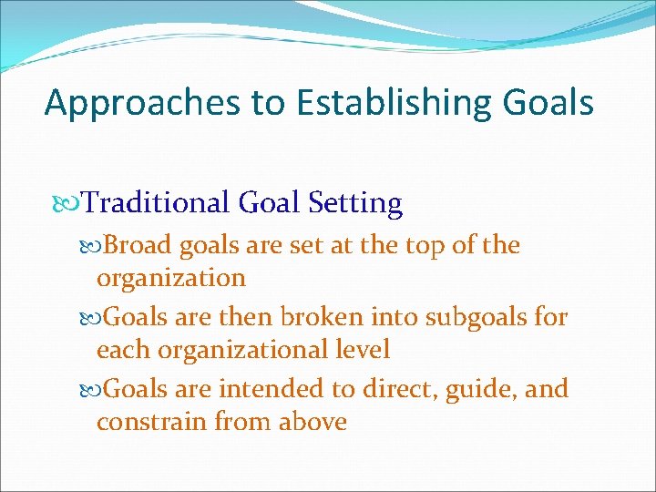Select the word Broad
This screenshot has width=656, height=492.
[x=138, y=245]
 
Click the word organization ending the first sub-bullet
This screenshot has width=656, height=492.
[x=171, y=278]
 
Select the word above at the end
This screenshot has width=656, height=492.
[x=310, y=422]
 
